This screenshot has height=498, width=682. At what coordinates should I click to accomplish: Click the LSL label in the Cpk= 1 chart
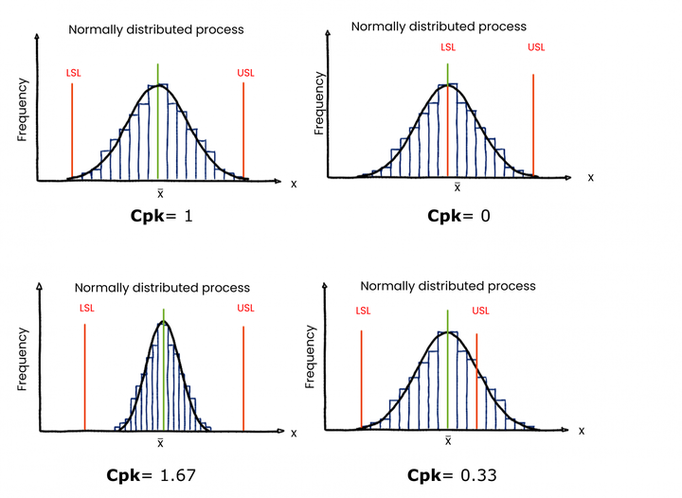pyautogui.click(x=73, y=72)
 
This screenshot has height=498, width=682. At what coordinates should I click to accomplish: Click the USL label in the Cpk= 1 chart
pyautogui.click(x=244, y=72)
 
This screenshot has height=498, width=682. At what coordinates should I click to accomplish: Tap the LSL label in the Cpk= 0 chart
pyautogui.click(x=448, y=46)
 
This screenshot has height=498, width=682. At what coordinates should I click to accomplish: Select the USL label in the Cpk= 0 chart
pyautogui.click(x=535, y=46)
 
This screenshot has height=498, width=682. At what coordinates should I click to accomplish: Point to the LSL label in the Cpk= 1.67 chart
pyautogui.click(x=87, y=308)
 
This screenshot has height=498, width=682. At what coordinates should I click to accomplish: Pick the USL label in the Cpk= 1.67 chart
pyautogui.click(x=245, y=308)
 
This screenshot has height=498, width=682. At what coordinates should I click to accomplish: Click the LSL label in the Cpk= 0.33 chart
pyautogui.click(x=363, y=311)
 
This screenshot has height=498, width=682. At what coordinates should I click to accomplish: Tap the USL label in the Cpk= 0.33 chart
pyautogui.click(x=480, y=311)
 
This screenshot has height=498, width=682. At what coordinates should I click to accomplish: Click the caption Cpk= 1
pyautogui.click(x=162, y=216)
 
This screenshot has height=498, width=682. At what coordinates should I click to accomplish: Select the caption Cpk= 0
pyautogui.click(x=458, y=216)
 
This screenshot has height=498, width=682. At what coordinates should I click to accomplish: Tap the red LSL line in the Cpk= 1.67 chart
pyautogui.click(x=85, y=379)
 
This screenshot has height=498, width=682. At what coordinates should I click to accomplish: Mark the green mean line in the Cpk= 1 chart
pyautogui.click(x=158, y=123)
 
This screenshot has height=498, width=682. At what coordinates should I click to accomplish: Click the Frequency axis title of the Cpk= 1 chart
pyautogui.click(x=22, y=110)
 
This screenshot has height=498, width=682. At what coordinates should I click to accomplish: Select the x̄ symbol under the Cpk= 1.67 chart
pyautogui.click(x=161, y=442)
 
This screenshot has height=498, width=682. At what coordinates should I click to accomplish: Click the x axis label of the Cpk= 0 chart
pyautogui.click(x=591, y=177)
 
